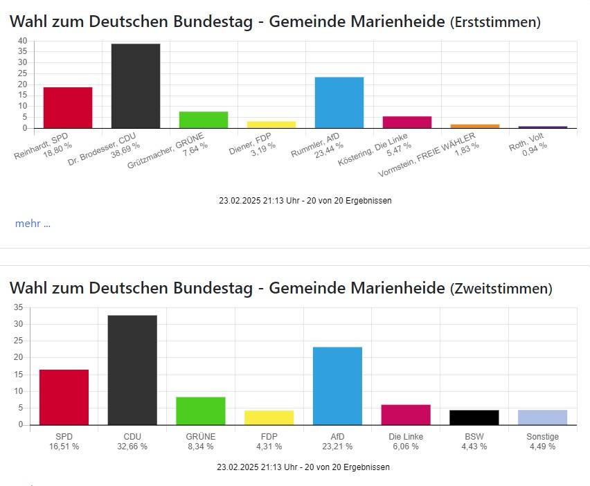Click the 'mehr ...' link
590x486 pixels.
33,224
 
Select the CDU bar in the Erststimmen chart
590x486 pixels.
136,86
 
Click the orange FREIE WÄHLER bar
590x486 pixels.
475,126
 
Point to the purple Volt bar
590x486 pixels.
543,127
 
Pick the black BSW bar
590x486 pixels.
474,417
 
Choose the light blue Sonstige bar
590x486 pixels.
542,417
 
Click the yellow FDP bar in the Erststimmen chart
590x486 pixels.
271,125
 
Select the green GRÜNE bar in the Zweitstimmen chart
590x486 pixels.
201,411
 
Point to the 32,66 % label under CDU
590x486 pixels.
132,447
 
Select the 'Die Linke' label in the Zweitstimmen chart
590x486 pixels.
405,437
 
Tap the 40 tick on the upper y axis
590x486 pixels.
22,41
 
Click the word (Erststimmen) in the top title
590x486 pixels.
495,22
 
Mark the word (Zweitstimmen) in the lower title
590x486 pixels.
501,289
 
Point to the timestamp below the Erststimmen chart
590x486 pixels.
305,201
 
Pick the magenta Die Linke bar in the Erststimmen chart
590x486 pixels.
407,123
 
